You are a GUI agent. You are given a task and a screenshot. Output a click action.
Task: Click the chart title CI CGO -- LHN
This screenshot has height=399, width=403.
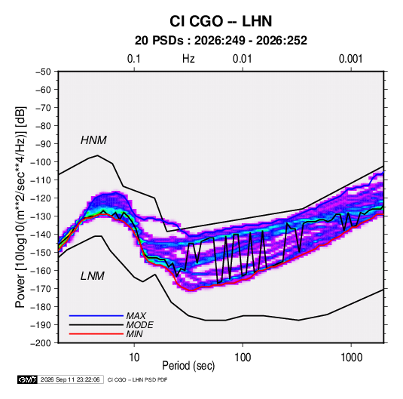point(221,21)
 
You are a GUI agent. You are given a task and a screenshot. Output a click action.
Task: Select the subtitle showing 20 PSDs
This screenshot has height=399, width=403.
point(221,41)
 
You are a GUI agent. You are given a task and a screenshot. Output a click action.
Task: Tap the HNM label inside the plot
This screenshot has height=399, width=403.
point(93,140)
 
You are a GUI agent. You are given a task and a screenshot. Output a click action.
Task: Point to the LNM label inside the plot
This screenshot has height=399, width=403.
point(93,276)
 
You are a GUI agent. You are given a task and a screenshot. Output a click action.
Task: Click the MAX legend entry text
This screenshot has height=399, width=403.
point(136,316)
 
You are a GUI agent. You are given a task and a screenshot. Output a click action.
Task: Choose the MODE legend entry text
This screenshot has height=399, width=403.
point(140,325)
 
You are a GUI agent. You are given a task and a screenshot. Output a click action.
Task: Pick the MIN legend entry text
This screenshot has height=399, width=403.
point(134,334)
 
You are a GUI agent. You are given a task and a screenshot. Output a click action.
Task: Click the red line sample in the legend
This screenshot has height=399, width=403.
point(96,334)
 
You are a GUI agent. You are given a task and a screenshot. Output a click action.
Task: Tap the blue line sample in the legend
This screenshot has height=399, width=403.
point(96,316)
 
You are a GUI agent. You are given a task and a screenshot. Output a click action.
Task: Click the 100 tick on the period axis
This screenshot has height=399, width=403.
point(243,358)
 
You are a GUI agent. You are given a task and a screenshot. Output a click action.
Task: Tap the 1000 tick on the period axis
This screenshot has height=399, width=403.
point(351,358)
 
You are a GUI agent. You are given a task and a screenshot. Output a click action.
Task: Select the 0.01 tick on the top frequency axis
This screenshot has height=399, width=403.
point(242,59)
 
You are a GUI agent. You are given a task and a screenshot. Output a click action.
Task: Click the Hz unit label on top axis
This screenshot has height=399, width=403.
point(188,59)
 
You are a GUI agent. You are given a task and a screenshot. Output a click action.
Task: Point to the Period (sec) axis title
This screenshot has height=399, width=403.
point(188,366)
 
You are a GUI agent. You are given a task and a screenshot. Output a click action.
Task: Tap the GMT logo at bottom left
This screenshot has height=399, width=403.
point(28,379)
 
